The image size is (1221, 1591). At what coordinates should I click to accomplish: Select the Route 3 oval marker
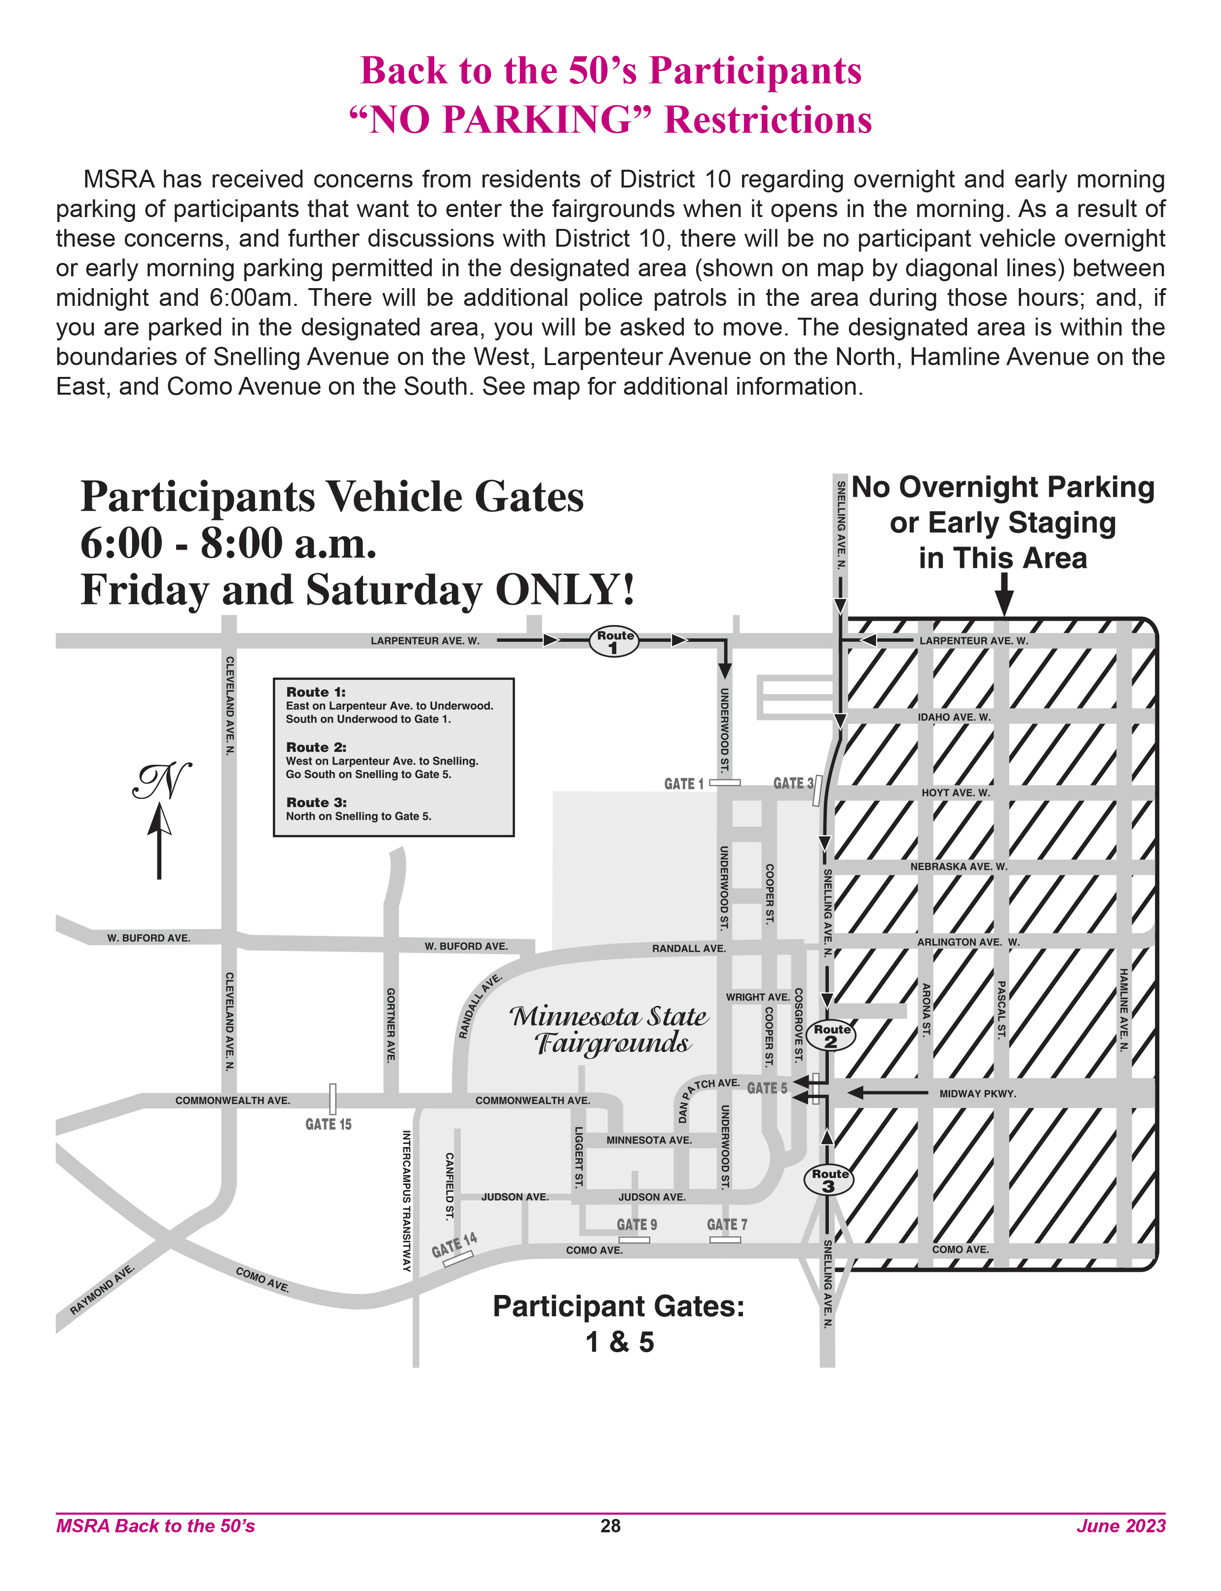pos(828,1180)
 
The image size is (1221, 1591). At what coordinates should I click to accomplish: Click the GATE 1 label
pos(683,783)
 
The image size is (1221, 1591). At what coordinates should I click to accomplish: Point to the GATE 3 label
pos(792,783)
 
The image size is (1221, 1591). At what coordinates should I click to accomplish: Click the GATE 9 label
pos(637,1224)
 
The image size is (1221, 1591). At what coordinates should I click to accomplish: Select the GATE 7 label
pos(727,1224)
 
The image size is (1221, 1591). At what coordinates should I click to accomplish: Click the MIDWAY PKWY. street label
pos(977,1094)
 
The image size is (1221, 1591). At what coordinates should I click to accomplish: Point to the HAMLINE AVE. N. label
pos(1124,1010)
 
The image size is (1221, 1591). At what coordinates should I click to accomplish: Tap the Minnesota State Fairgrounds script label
pos(609,1029)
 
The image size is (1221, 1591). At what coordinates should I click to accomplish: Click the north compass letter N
pos(162,781)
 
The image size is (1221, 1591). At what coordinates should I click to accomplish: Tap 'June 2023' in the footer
pos(1121,1525)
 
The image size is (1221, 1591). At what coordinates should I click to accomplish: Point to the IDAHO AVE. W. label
pos(954,717)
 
